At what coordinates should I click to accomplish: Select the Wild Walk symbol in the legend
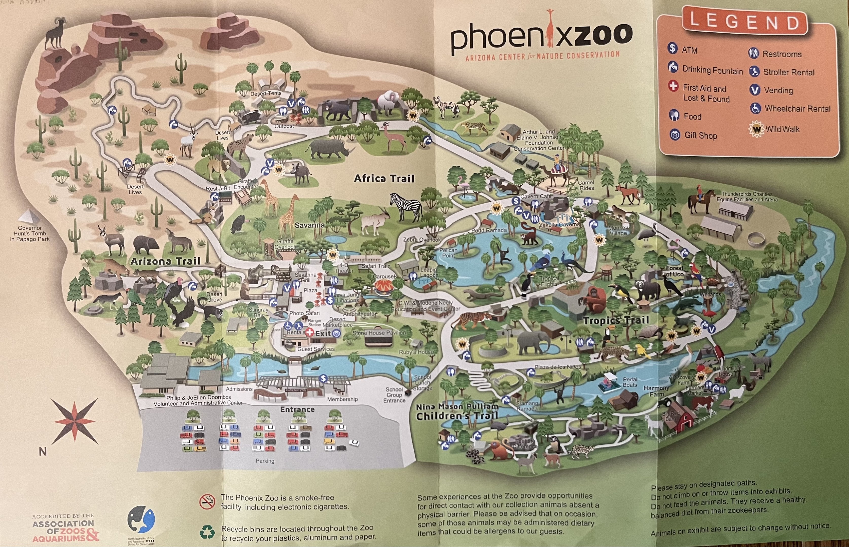(x=756, y=129)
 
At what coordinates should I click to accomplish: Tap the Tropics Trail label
(x=616, y=320)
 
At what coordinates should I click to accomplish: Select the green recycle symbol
(x=207, y=532)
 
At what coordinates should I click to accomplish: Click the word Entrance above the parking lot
(x=297, y=409)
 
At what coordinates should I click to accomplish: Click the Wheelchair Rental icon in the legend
(x=755, y=108)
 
